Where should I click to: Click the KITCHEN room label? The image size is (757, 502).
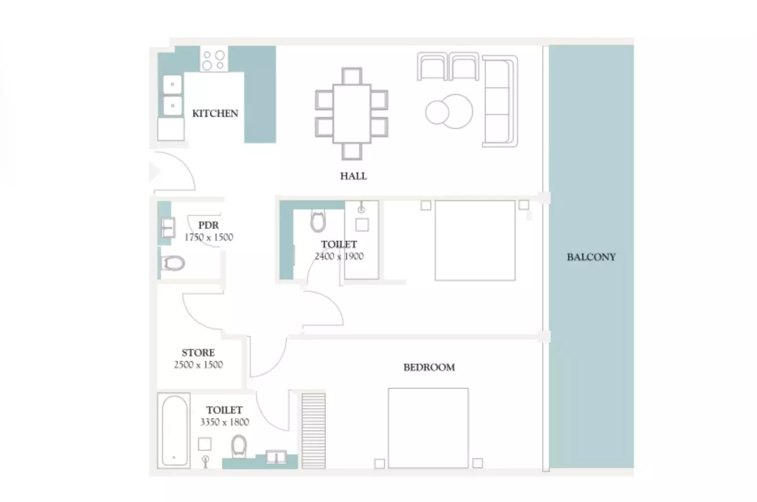(215, 113)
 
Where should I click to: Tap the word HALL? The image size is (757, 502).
(353, 176)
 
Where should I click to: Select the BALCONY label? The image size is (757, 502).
(591, 257)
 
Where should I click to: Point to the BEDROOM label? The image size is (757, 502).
(429, 367)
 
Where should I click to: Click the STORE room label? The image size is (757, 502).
(198, 353)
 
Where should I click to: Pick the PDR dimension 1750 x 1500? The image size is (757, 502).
(209, 237)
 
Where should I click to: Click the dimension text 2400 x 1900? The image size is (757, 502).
(339, 256)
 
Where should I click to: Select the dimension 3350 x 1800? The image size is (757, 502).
(224, 422)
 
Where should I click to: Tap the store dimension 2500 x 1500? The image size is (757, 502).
(199, 365)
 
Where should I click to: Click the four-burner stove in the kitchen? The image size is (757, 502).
(214, 59)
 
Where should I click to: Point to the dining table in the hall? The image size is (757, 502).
(352, 114)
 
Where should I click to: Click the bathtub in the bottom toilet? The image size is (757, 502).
(174, 431)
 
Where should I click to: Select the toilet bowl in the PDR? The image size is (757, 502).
(173, 263)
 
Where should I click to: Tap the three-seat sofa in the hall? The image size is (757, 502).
(500, 101)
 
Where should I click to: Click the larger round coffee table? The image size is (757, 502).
(455, 111)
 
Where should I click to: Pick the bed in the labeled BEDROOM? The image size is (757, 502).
(428, 428)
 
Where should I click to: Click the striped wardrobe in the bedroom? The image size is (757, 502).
(314, 431)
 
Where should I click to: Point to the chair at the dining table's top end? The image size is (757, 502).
(352, 76)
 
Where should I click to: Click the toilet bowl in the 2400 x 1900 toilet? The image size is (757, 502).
(318, 221)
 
